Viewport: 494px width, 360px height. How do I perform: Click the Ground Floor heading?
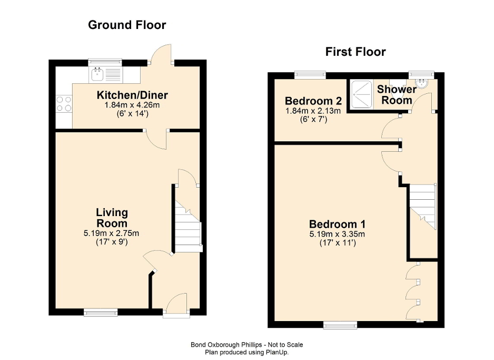pos(127,25)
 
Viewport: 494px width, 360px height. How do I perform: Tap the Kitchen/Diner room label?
pos(132,95)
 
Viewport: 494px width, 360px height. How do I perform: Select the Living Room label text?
pos(112,218)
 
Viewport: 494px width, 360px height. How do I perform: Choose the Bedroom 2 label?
pos(313,101)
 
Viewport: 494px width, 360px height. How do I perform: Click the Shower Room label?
pos(396,95)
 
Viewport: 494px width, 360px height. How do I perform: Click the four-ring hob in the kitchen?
pos(64,103)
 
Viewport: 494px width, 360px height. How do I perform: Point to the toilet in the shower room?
pos(421,82)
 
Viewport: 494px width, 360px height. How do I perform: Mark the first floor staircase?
pos(423,206)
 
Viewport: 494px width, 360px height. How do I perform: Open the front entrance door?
pos(176,305)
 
